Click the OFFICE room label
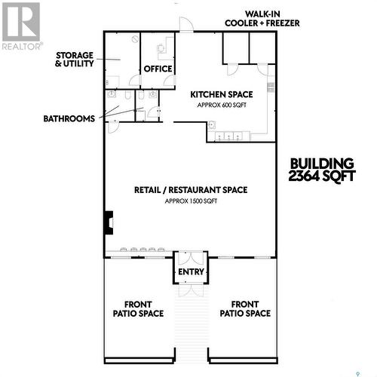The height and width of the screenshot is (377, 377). click(x=158, y=69)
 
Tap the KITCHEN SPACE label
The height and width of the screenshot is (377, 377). click(x=221, y=94)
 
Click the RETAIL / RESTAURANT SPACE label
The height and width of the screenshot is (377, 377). click(x=191, y=190)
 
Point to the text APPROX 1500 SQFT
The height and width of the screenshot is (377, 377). click(x=191, y=201)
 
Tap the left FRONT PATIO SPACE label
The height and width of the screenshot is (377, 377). click(x=139, y=308)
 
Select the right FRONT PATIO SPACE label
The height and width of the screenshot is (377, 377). click(x=246, y=308)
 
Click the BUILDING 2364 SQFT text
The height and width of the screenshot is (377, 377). click(x=321, y=170)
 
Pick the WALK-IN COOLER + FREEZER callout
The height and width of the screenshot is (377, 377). click(x=262, y=19)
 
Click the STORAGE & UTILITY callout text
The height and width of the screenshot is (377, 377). click(x=75, y=60)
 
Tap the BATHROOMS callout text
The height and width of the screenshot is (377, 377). click(x=69, y=118)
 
